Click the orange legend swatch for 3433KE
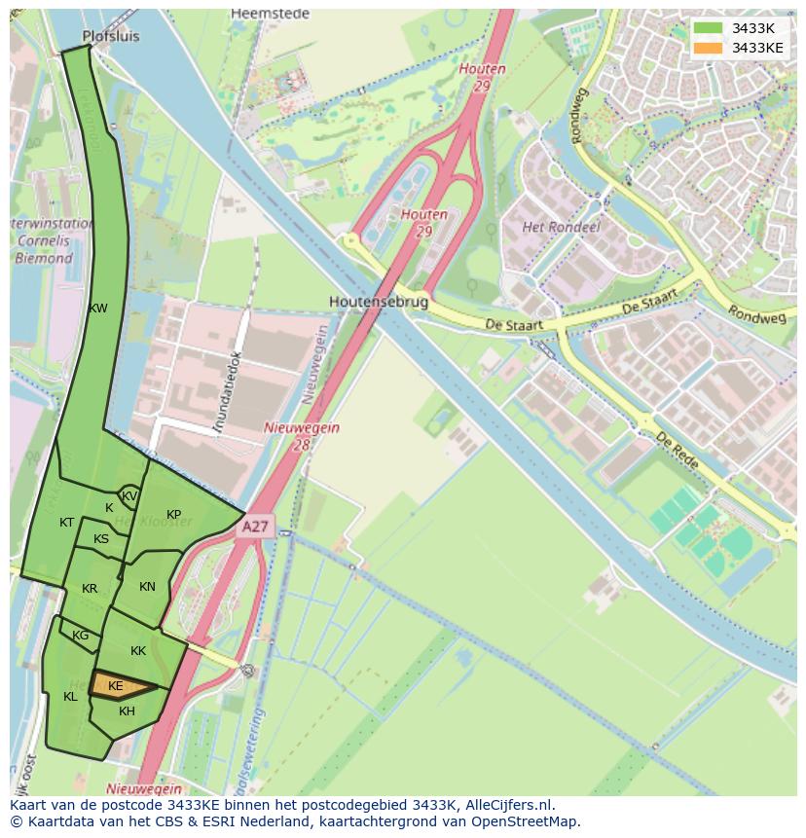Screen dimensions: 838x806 [709, 48]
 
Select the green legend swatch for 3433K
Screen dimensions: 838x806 [709, 28]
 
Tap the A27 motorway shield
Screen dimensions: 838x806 [255, 527]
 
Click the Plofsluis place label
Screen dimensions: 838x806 [111, 36]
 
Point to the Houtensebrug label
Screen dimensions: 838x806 [378, 302]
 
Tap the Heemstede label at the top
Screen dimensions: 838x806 [270, 14]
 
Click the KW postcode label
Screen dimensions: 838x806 [97, 309]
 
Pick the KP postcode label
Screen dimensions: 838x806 [173, 514]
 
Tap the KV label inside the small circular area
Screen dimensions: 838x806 [129, 496]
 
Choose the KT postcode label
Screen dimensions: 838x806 [66, 523]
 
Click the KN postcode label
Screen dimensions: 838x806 [147, 586]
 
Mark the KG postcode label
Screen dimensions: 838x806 [80, 636]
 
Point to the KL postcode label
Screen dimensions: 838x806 [70, 696]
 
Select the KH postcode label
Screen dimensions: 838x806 [127, 711]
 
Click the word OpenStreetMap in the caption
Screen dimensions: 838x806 [526, 820]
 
